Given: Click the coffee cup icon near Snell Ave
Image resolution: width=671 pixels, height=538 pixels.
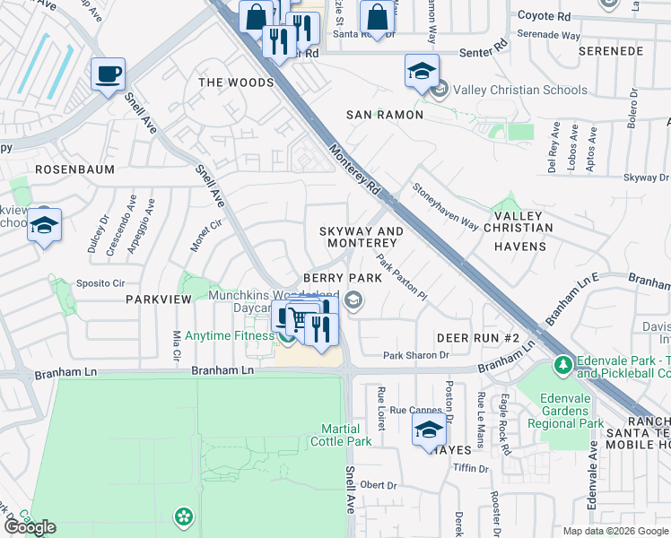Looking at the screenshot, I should pyautogui.click(x=109, y=75).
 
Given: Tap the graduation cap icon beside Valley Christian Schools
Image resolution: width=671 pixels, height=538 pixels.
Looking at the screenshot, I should pyautogui.click(x=422, y=73).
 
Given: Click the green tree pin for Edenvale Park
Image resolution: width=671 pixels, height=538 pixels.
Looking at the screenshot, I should pyautogui.click(x=562, y=365).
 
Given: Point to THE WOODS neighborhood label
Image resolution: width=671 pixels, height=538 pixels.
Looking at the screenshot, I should pyautogui.click(x=236, y=82).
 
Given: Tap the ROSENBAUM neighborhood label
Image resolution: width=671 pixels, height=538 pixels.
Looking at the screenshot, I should pyautogui.click(x=71, y=169).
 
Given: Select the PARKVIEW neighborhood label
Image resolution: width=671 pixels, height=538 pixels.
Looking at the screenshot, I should pyautogui.click(x=159, y=299).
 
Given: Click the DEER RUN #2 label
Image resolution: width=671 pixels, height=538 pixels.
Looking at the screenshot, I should pyautogui.click(x=478, y=337).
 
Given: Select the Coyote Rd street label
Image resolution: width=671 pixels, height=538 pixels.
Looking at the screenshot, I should pyautogui.click(x=545, y=16).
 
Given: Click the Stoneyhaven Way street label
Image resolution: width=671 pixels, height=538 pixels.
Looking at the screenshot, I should pyautogui.click(x=445, y=207).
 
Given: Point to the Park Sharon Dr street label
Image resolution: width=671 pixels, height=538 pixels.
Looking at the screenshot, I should pyautogui.click(x=415, y=355).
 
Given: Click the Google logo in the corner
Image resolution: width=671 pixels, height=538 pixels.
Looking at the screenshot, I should pyautogui.click(x=30, y=527).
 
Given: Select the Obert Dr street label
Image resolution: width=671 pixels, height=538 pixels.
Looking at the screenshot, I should pyautogui.click(x=379, y=485).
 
